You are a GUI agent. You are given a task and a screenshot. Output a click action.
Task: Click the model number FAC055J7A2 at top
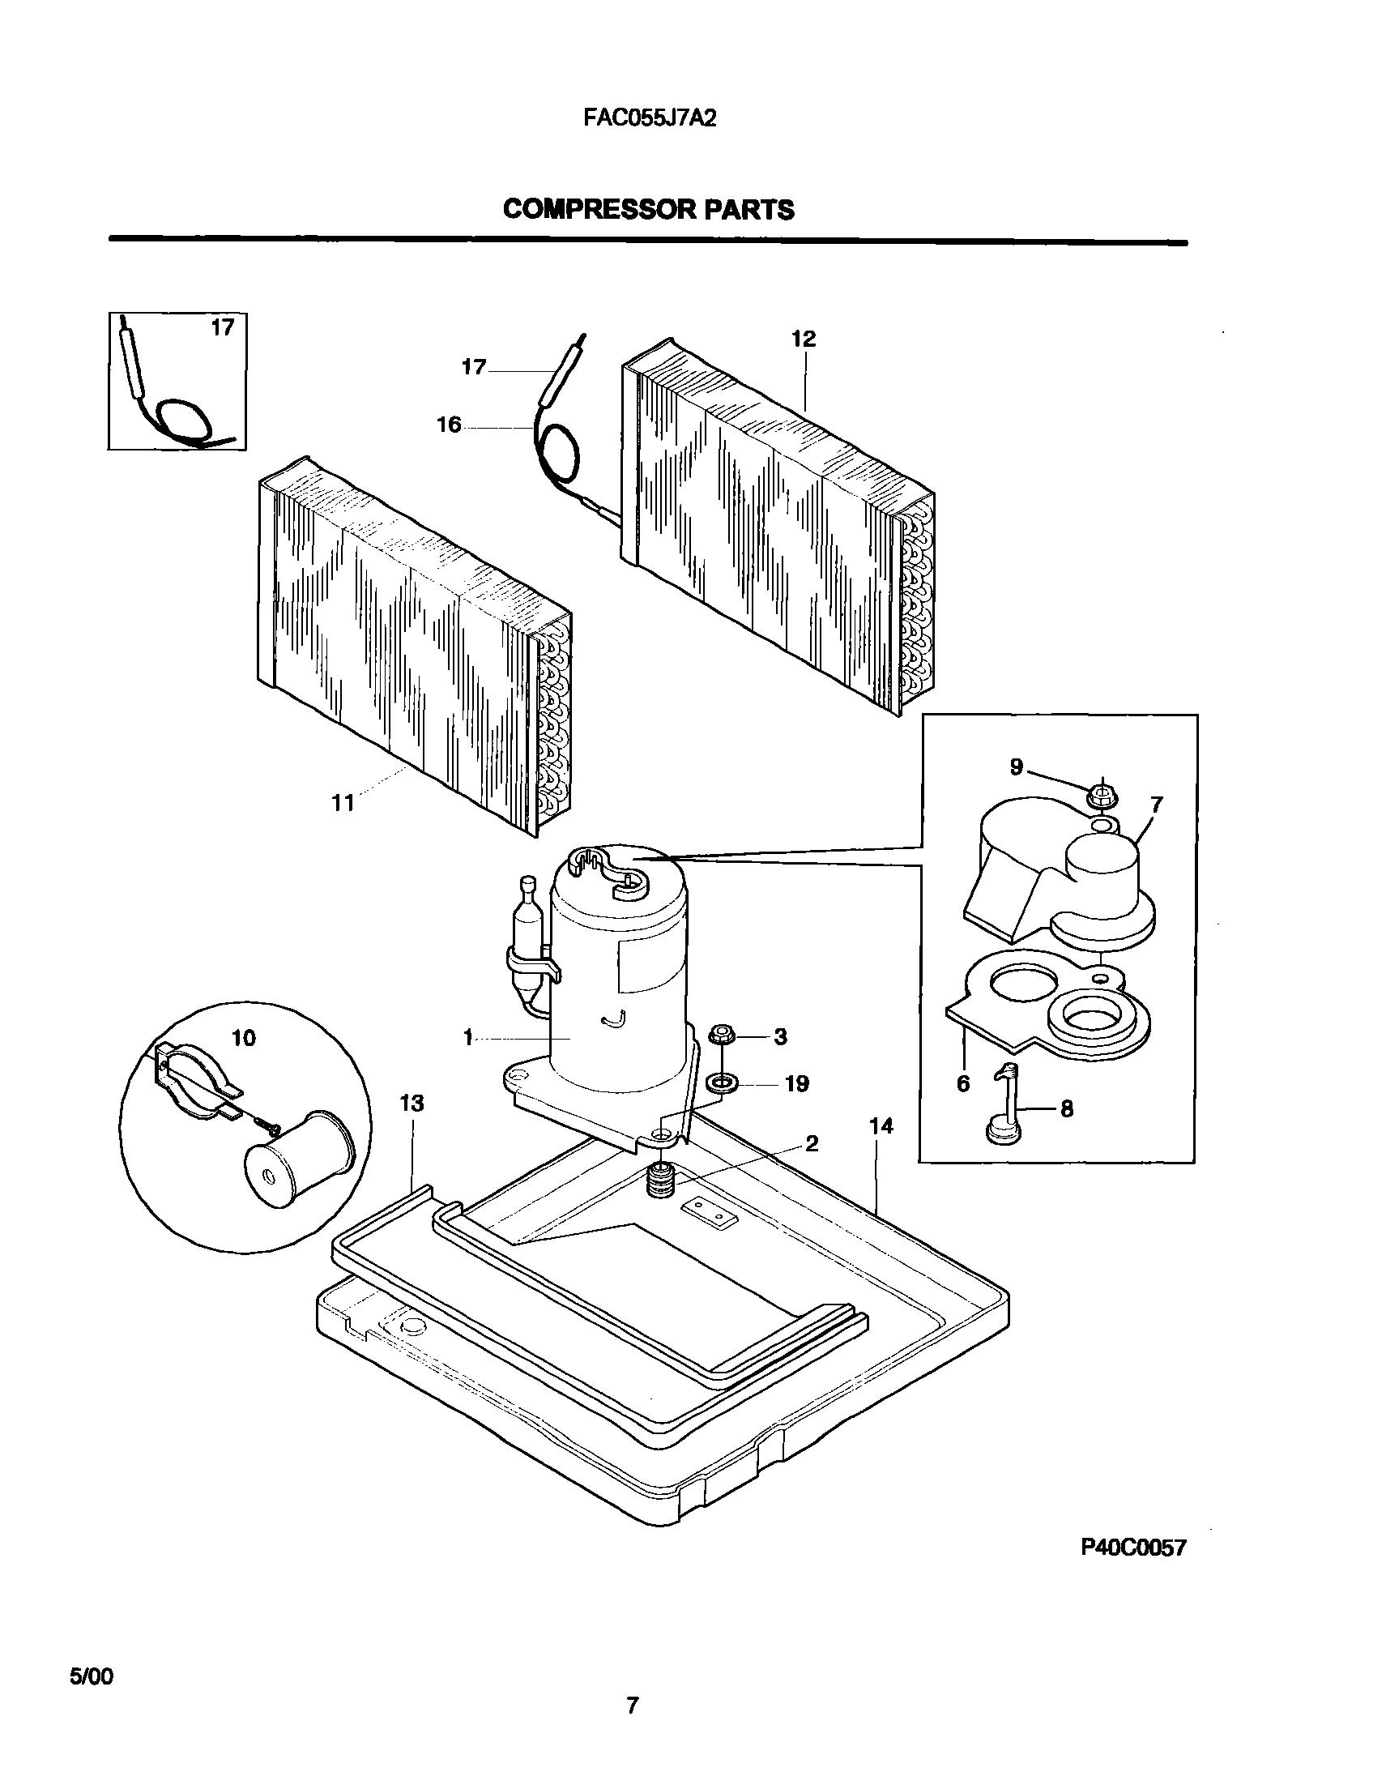649,118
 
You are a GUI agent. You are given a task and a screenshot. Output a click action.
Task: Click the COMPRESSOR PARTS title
648,209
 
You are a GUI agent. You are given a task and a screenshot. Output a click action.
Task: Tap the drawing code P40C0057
1132,1570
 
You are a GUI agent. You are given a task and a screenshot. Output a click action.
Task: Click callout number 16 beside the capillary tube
449,425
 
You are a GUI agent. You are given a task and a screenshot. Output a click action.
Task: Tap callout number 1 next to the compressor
468,1037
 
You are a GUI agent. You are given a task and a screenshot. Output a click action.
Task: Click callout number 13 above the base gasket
412,1103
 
